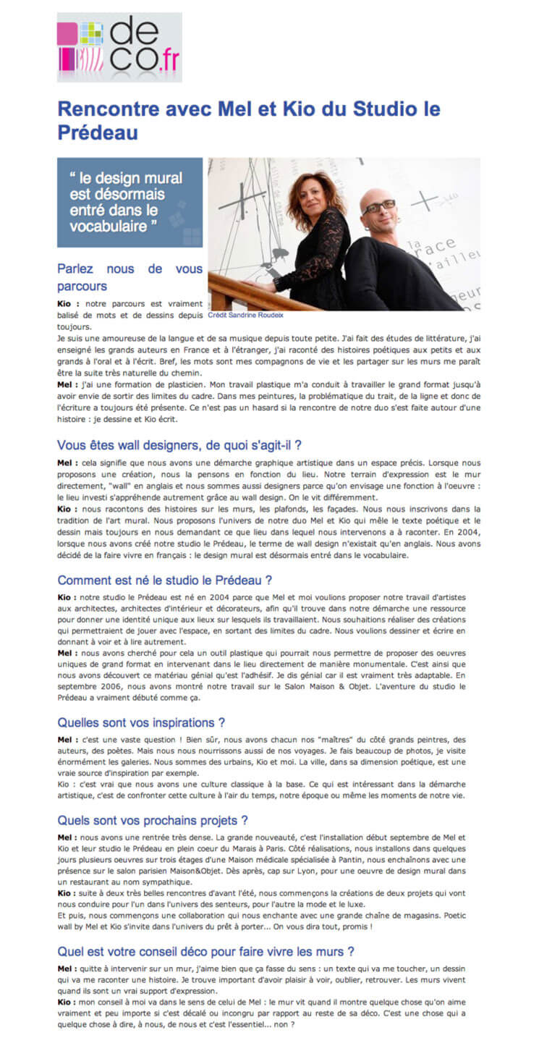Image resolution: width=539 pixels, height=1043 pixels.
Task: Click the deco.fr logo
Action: pos(119,47)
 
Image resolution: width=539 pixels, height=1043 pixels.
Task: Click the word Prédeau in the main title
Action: pos(98,133)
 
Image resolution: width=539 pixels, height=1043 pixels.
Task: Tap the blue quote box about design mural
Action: pos(130,202)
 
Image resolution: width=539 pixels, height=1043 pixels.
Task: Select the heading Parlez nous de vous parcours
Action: pos(130,277)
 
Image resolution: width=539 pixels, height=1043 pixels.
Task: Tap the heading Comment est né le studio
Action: pos(164,580)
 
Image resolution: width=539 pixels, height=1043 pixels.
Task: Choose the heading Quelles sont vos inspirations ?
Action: pos(141,722)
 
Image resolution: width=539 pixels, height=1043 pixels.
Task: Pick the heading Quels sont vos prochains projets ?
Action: pos(153,820)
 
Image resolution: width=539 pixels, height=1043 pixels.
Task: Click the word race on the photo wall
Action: pos(441,246)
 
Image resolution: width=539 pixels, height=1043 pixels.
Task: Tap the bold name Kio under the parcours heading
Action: pos(67,303)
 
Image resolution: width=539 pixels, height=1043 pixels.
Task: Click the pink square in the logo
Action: pos(67,33)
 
